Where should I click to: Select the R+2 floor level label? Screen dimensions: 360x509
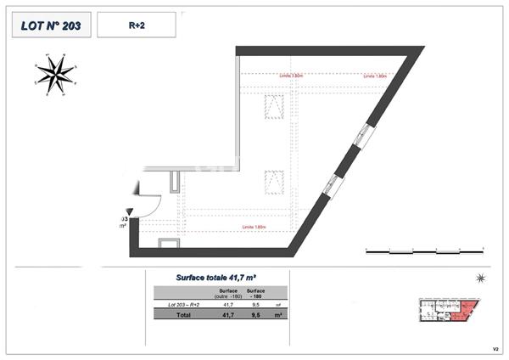click(136, 26)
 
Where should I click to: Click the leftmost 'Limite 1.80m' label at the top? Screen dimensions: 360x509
click(290, 75)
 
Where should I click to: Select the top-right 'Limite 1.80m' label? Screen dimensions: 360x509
click(374, 75)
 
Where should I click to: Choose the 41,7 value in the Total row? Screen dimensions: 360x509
click(227, 314)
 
